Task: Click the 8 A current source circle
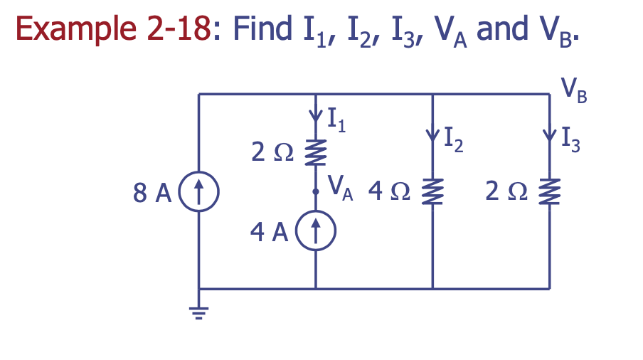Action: click(x=199, y=191)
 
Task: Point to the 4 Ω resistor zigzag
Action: click(x=432, y=191)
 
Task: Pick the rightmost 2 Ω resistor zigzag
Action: click(x=549, y=191)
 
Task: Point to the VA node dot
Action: click(x=315, y=191)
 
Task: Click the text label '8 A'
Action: click(x=150, y=191)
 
